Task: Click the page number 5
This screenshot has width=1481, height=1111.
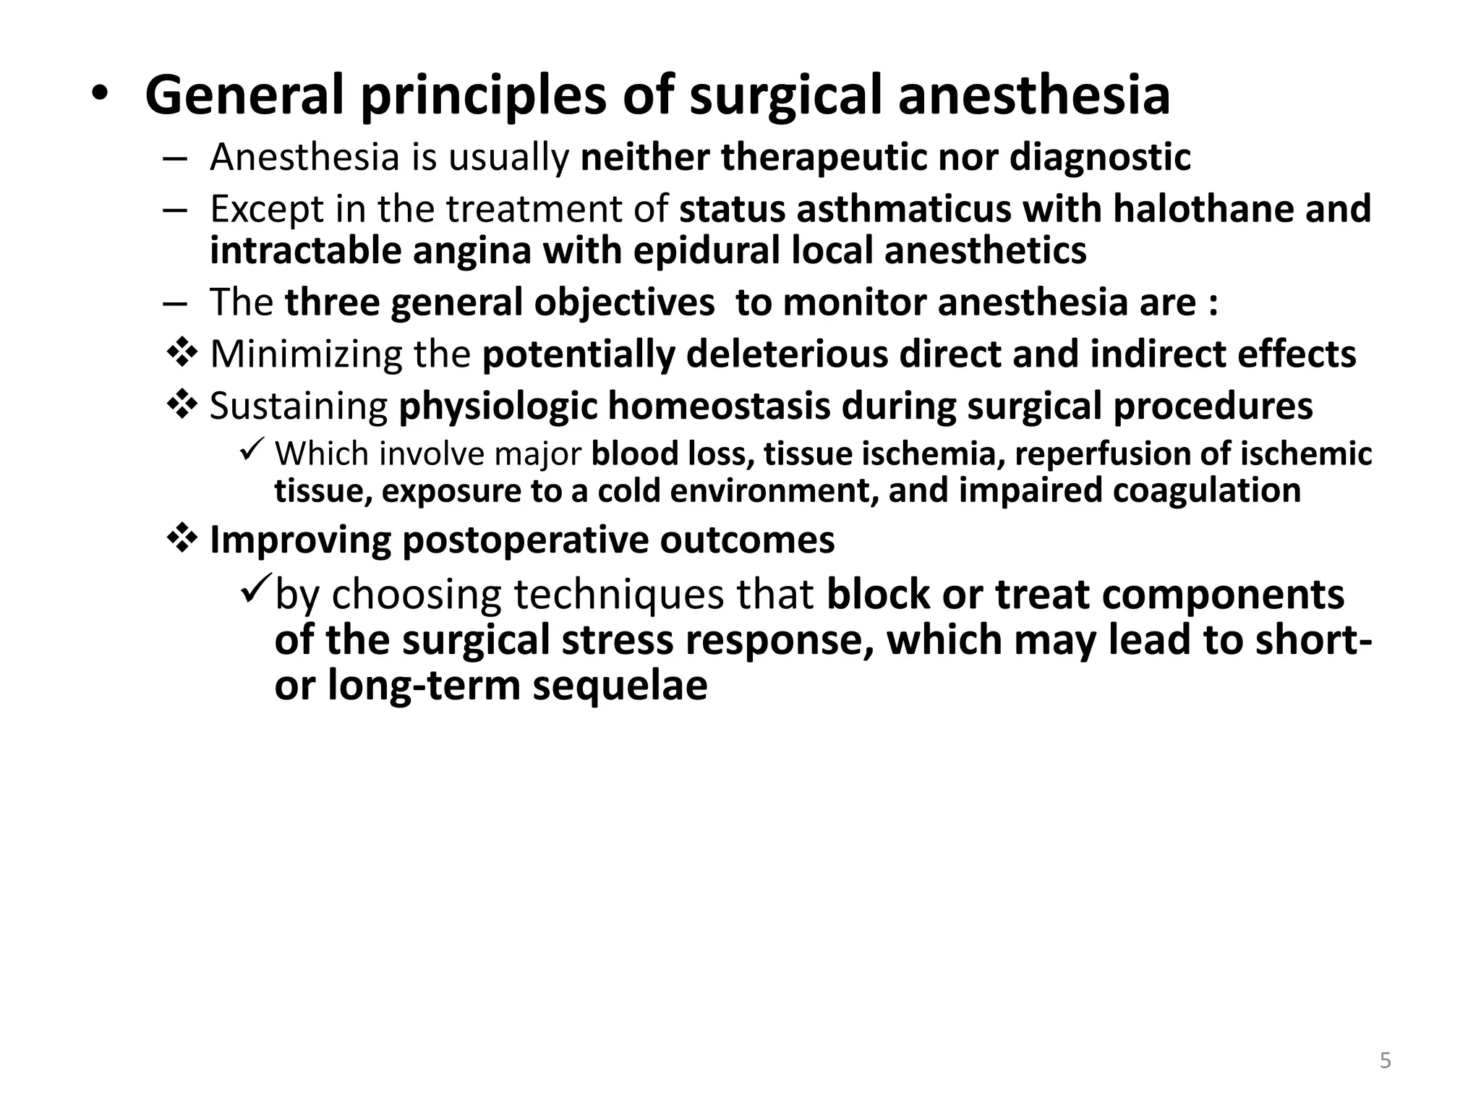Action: tap(1385, 1061)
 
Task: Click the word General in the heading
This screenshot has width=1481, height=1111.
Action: tap(244, 95)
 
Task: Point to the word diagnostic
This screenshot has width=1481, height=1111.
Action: tap(1100, 158)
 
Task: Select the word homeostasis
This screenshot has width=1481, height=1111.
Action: tap(719, 406)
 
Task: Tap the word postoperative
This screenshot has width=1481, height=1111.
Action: tap(525, 540)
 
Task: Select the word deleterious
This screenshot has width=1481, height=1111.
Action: tap(787, 354)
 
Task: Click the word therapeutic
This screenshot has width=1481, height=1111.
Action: tap(823, 158)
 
